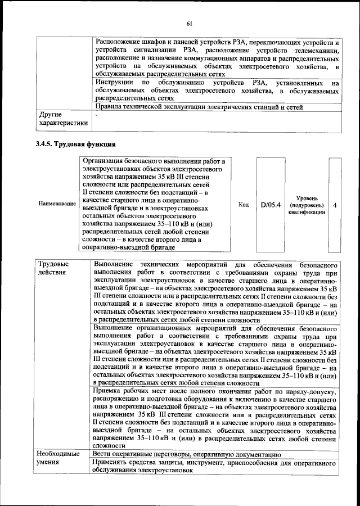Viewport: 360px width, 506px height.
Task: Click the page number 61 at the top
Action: pyautogui.click(x=189, y=23)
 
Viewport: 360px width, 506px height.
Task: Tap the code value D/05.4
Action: pyautogui.click(x=270, y=205)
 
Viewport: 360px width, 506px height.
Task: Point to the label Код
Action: pyautogui.click(x=244, y=205)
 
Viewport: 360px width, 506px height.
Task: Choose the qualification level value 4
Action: pyautogui.click(x=335, y=205)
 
